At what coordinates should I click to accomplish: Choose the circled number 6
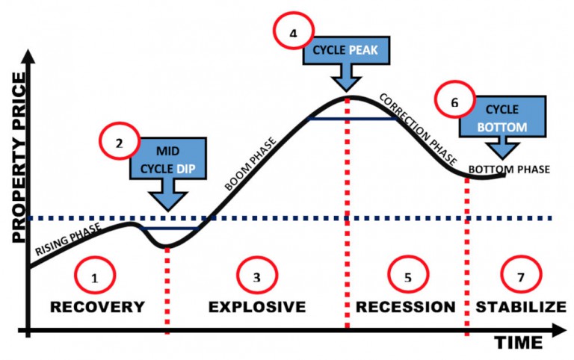[454, 103]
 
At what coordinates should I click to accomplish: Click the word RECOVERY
[97, 306]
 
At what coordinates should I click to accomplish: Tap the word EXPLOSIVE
[256, 306]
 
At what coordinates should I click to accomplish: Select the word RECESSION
[405, 306]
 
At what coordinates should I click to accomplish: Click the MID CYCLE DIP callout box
[167, 158]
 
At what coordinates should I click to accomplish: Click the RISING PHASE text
[69, 240]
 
